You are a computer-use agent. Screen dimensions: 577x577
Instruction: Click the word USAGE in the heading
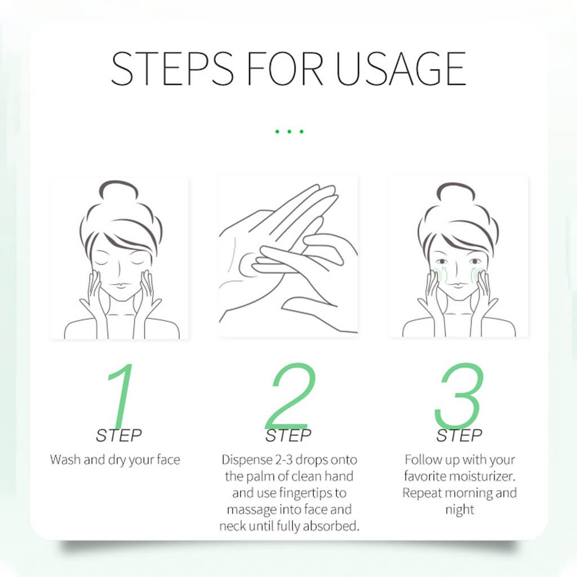point(401,69)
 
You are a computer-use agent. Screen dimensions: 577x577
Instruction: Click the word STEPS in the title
point(172,69)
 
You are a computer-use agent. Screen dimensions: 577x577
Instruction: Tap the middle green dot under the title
point(289,131)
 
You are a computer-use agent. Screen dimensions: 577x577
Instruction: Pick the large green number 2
point(290,395)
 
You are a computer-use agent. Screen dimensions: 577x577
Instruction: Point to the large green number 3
point(459,394)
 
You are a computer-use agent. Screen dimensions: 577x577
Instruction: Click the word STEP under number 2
point(288,436)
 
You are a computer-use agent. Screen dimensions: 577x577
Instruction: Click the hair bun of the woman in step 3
point(456,193)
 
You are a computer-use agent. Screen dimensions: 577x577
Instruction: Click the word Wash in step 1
point(65,460)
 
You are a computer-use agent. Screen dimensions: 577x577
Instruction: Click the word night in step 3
point(460,510)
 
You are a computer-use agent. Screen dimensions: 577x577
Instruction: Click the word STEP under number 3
point(459,436)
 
